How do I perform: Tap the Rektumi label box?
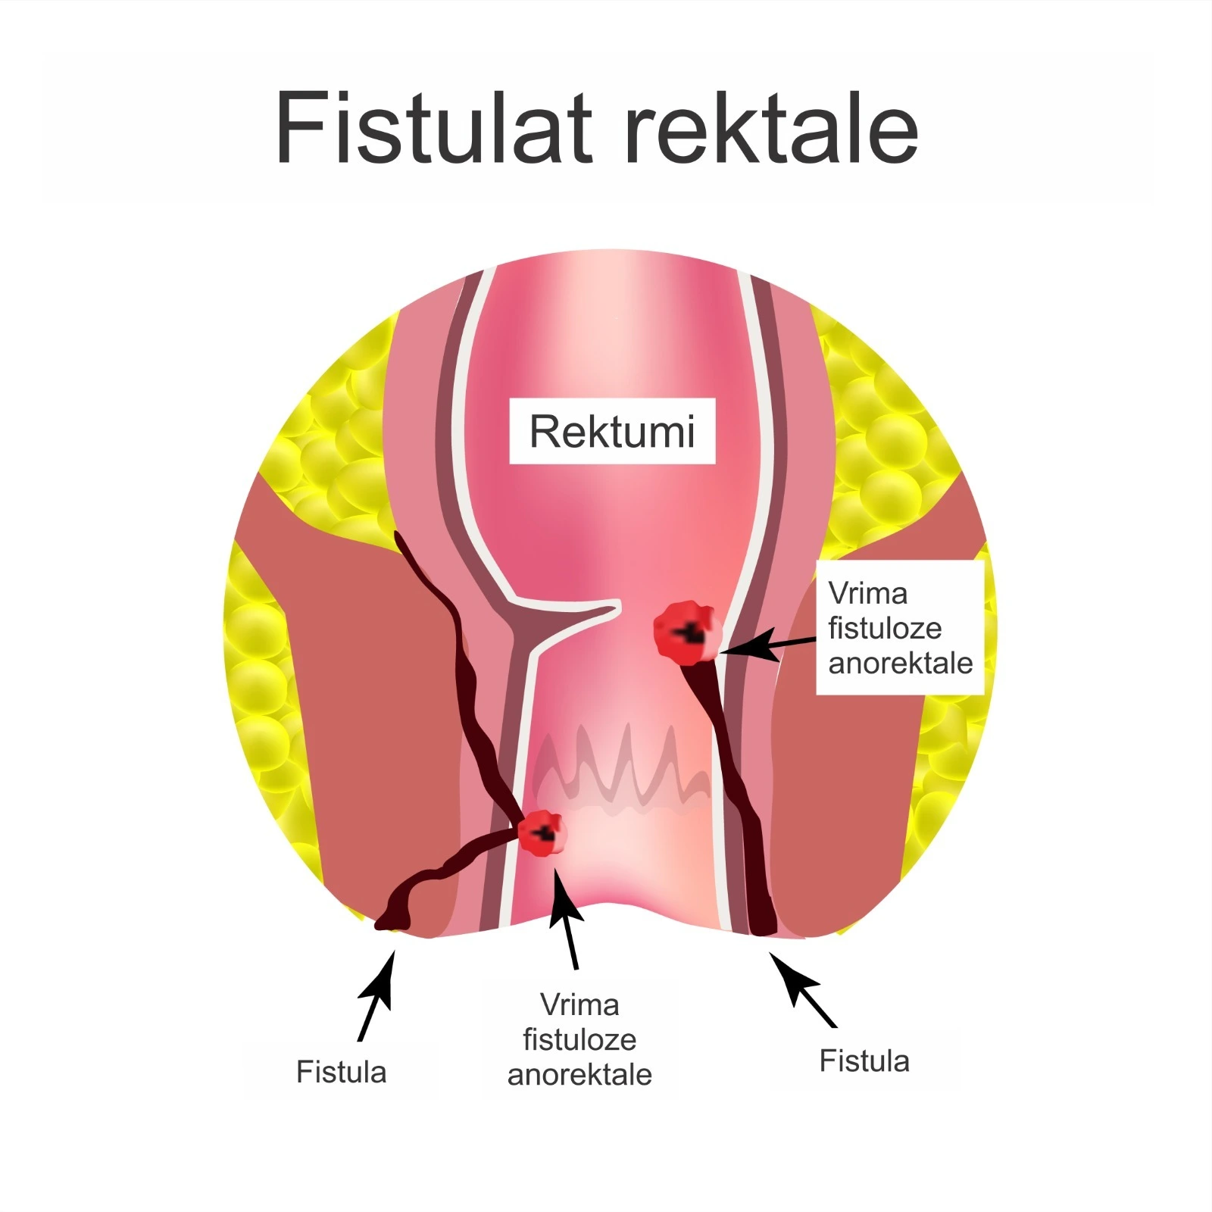click(x=612, y=431)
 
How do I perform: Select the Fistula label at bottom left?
click(x=341, y=1072)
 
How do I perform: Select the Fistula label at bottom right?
click(x=864, y=1061)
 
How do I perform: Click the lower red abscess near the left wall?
click(x=542, y=832)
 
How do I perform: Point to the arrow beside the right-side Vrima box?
click(x=765, y=645)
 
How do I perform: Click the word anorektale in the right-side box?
click(x=900, y=663)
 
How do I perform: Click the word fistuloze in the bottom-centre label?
click(x=579, y=1039)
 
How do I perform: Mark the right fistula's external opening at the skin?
click(x=764, y=928)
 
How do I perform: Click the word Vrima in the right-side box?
click(x=867, y=593)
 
